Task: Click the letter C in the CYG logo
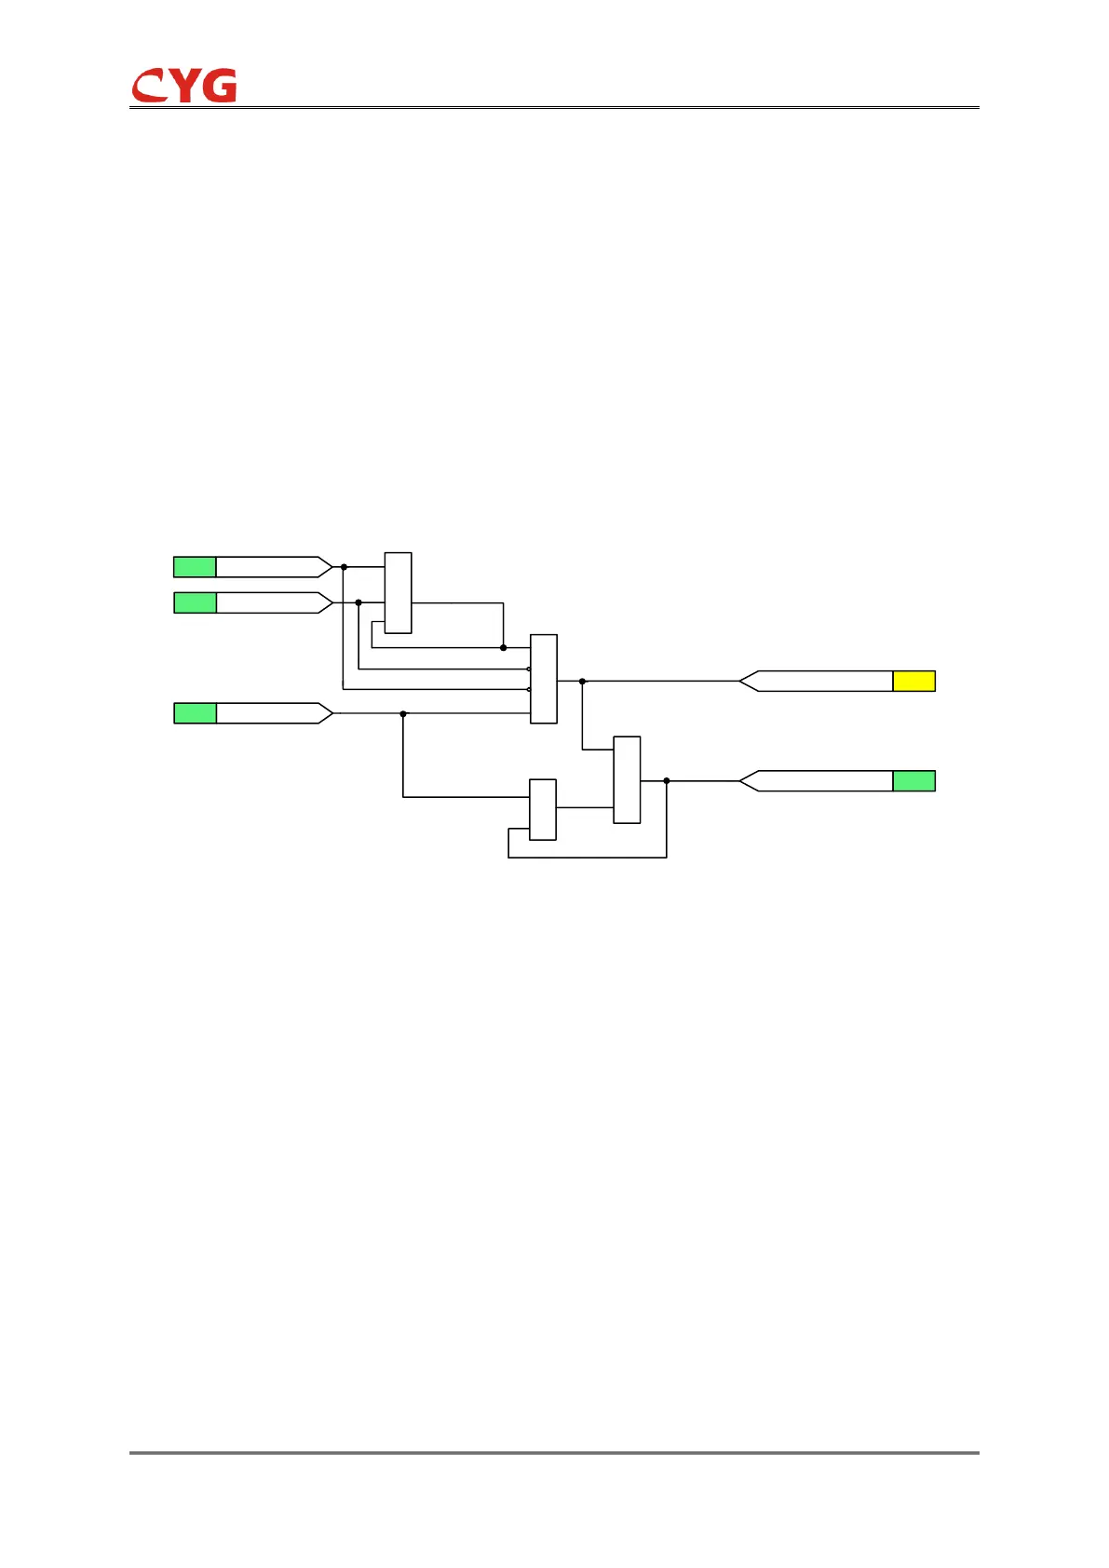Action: click(148, 87)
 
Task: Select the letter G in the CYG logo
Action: click(220, 86)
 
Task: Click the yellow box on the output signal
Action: click(913, 681)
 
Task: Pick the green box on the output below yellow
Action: click(913, 781)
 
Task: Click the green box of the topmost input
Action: click(195, 567)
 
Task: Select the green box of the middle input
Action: click(195, 602)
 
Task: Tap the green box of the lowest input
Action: click(195, 713)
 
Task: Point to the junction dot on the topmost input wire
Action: click(344, 567)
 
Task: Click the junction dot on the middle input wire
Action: click(358, 602)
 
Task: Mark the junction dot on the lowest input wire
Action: click(403, 714)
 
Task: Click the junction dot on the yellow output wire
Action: click(583, 682)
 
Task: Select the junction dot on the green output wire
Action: click(667, 781)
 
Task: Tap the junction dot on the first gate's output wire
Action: click(504, 647)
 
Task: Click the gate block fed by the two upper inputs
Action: click(398, 593)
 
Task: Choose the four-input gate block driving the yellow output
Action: click(544, 679)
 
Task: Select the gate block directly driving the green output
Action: click(627, 780)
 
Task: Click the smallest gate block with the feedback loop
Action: click(543, 809)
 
